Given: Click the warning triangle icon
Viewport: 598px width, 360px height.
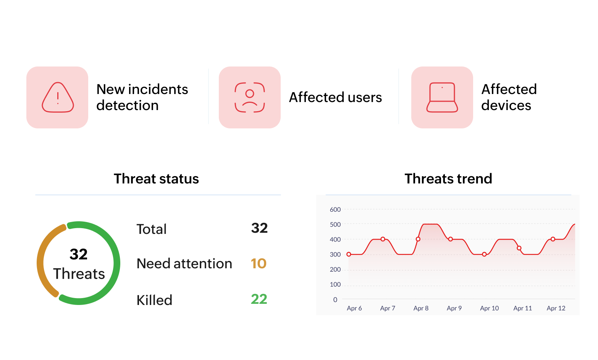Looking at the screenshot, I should (58, 97).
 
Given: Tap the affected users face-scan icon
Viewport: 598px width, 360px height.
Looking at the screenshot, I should (250, 97).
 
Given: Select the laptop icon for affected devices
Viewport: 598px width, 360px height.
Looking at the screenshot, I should (442, 97).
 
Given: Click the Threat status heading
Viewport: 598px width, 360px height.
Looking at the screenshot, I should (156, 179).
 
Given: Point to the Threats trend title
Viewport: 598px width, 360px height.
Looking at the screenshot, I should (448, 179).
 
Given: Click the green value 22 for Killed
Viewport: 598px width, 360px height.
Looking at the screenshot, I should (259, 299).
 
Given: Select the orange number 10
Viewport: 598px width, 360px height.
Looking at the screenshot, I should (259, 263).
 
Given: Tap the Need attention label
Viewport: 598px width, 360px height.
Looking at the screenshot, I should (184, 264).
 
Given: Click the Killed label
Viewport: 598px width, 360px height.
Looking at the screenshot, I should (154, 300).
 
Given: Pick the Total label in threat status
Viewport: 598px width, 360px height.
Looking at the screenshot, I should (152, 229).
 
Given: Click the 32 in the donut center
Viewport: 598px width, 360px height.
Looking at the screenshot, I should (79, 254).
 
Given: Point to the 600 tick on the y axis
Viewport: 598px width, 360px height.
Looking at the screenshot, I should (335, 209).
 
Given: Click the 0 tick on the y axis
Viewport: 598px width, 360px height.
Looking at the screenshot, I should (335, 300).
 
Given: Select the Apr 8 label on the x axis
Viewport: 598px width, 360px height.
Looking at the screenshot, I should (421, 308).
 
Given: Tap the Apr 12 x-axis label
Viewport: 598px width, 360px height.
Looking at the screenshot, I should (556, 308).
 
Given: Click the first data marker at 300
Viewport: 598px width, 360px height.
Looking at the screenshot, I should (349, 254).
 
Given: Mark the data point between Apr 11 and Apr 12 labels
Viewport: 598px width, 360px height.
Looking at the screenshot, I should (553, 239).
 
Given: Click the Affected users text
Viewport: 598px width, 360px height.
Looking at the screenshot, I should (335, 97).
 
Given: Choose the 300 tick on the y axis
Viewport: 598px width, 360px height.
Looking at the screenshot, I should (335, 255).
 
